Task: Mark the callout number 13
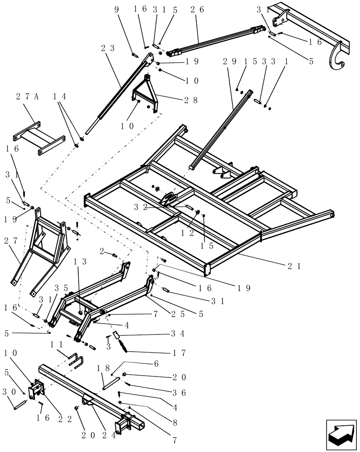tap(84, 262)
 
